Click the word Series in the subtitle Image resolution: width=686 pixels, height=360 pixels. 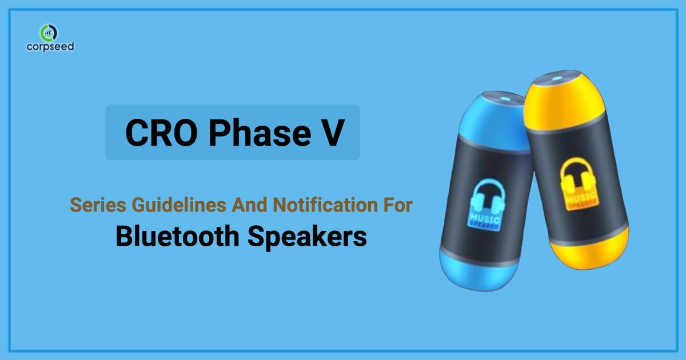(x=91, y=205)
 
